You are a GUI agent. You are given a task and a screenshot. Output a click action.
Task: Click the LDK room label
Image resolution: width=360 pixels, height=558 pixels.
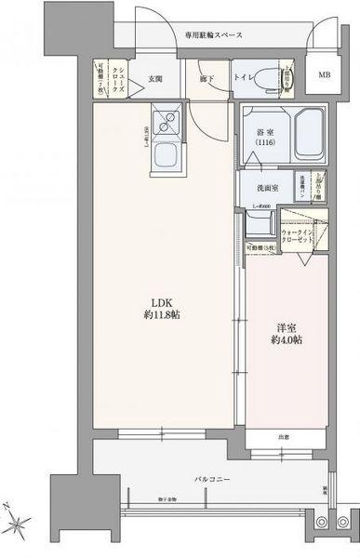point(155,300)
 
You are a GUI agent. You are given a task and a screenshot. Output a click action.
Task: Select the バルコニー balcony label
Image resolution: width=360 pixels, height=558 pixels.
point(212,479)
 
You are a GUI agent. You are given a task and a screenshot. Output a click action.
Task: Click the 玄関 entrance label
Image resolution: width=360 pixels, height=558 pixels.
point(156,78)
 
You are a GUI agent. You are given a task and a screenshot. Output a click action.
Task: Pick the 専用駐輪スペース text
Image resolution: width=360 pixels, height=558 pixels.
point(211,36)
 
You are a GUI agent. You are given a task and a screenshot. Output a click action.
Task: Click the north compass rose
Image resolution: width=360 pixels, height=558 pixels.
point(20,521)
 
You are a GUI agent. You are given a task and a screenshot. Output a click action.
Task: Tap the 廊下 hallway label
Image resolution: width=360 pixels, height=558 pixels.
point(207,78)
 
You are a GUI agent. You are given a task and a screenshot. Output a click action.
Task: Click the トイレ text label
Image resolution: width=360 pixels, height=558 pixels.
point(244,78)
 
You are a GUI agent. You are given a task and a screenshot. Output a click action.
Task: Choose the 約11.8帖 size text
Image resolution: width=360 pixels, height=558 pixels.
point(155,314)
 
